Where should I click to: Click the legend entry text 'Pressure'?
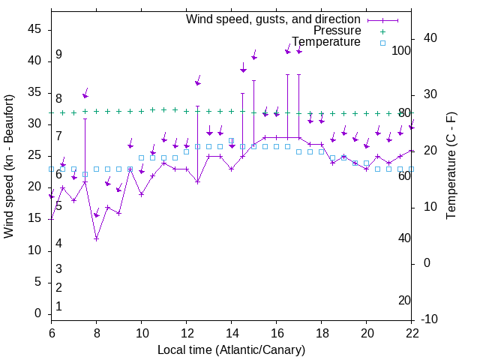pos(337,31)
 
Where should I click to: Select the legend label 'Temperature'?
pos(326,42)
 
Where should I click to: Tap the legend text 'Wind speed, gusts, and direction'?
pos(273,19)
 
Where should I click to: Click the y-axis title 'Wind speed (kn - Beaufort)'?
pos(9,166)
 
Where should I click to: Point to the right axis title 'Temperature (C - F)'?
pos(451,166)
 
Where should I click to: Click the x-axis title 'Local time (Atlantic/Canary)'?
pos(232,350)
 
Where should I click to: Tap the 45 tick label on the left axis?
pos(35,29)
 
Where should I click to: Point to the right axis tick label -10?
pos(430,319)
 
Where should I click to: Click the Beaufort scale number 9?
pos(58,55)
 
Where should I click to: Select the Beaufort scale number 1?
pos(58,307)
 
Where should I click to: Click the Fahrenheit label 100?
pos(402,50)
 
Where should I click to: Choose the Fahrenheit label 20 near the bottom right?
pos(404,301)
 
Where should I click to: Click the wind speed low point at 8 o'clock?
pos(97,238)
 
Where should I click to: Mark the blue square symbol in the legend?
pos(382,43)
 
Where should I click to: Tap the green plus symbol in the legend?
pos(382,31)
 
